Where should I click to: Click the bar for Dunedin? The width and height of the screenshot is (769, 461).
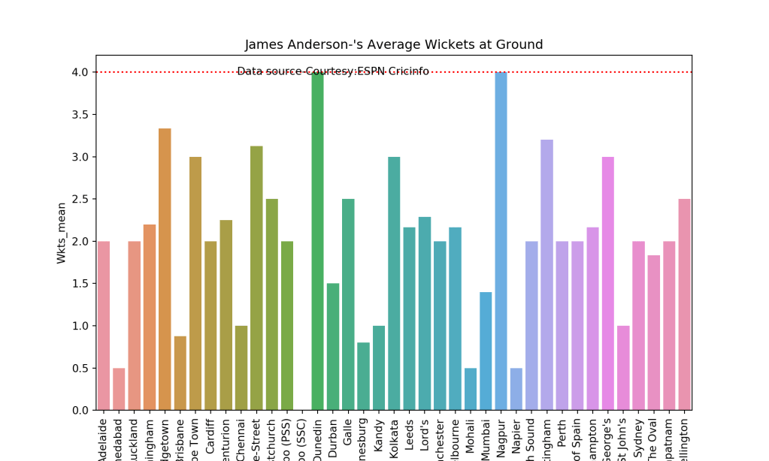click(318, 241)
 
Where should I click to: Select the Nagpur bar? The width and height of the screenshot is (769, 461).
click(501, 241)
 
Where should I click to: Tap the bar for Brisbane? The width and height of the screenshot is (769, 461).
click(180, 373)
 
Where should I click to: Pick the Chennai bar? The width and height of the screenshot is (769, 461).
click(241, 368)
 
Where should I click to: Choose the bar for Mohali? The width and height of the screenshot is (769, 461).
click(471, 389)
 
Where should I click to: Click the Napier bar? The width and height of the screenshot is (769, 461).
click(516, 389)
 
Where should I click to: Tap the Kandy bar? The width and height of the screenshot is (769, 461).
click(379, 368)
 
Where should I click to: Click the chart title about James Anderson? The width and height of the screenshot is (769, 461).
click(394, 45)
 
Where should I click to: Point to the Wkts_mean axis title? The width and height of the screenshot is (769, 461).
click(62, 232)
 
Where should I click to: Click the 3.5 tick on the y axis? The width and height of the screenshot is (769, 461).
click(79, 115)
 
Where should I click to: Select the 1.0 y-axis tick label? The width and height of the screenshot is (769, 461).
click(79, 326)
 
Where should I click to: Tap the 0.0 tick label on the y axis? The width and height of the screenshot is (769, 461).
click(79, 411)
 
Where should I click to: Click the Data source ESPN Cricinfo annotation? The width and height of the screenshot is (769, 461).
click(333, 71)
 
